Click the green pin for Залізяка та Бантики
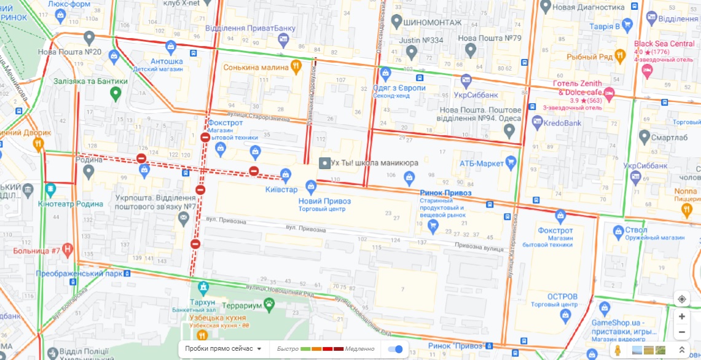pos(115,93)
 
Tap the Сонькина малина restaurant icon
pos(296,66)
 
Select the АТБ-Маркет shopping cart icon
pos(511,163)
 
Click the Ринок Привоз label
pos(445,193)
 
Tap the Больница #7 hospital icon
pos(68,251)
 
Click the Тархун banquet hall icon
pos(203,287)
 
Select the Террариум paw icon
pos(268,305)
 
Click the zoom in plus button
pos(682,316)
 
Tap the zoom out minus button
pos(682,332)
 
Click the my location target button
pos(682,299)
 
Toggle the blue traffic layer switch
pos(396,349)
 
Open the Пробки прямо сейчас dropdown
pos(223,349)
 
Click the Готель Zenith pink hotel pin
pos(609,95)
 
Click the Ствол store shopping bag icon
pos(618,231)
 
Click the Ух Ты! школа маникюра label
pos(374,163)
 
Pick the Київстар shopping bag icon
pos(286,174)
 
